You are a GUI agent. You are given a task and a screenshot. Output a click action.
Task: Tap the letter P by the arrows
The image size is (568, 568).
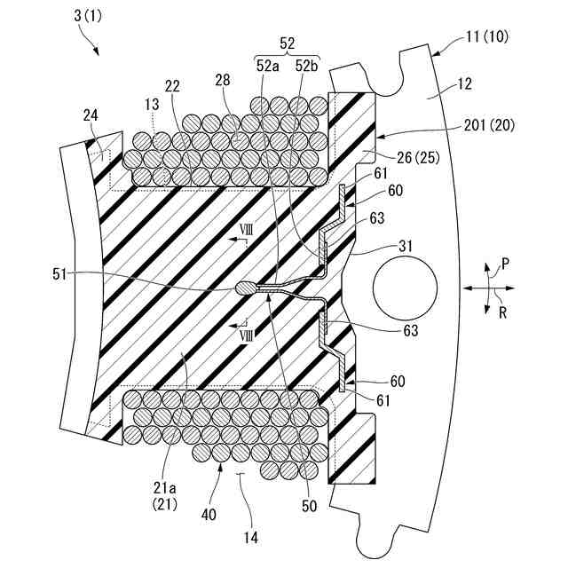pyautogui.click(x=505, y=263)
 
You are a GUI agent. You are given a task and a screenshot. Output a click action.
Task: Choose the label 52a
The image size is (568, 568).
pyautogui.click(x=265, y=65)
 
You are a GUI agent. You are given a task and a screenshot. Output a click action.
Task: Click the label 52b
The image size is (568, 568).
pyautogui.click(x=306, y=65)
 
